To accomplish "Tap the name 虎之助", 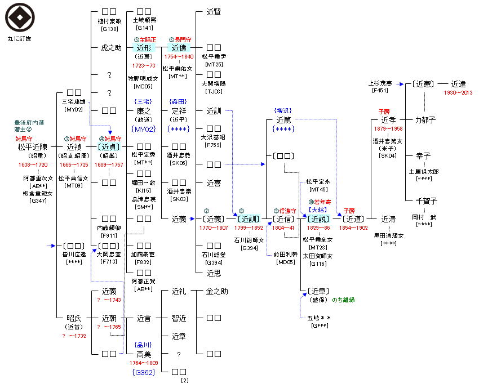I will click(x=110, y=48).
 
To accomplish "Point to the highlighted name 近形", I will click(x=144, y=48).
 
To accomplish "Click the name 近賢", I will click(x=214, y=11).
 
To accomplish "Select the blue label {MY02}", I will click(x=143, y=129).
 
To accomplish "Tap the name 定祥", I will click(x=179, y=111).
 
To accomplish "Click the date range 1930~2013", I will click(x=458, y=92).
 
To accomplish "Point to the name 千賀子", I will click(x=426, y=200).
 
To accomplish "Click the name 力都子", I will click(x=426, y=120).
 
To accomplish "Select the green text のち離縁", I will click(x=343, y=300).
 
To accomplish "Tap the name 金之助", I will click(x=217, y=292).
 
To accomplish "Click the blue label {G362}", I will click(x=143, y=372).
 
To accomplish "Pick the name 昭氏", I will click(x=74, y=318).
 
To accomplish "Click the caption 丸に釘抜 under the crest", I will click(x=20, y=39).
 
